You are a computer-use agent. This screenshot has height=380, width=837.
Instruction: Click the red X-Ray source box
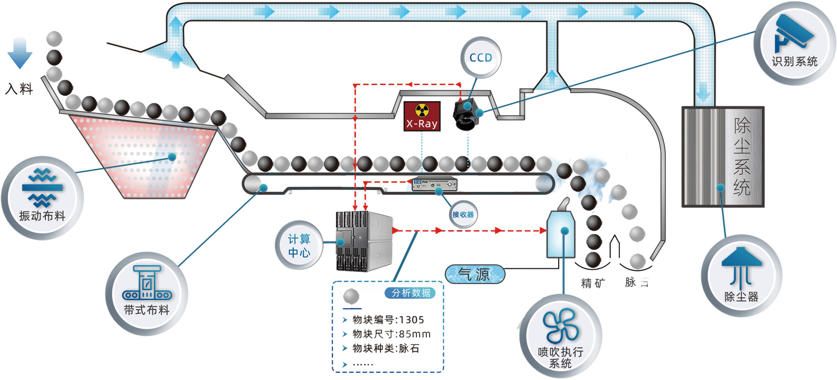(x=422, y=116)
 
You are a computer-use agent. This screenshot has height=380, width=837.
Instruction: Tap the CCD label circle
(x=481, y=58)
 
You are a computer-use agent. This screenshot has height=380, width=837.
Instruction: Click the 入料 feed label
(x=19, y=89)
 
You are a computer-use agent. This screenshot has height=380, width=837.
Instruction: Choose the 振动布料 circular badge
(x=42, y=198)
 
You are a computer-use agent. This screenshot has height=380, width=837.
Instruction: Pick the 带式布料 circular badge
(x=146, y=293)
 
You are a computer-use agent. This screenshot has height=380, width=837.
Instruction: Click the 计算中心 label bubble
(x=299, y=245)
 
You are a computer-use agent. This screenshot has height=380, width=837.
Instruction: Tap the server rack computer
(x=364, y=241)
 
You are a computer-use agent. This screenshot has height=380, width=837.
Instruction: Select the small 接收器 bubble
(x=463, y=215)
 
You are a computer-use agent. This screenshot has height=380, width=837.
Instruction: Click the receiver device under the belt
(x=434, y=184)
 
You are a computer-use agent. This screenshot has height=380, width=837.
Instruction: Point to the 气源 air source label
(x=475, y=274)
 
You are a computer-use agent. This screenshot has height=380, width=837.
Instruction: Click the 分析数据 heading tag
(x=410, y=293)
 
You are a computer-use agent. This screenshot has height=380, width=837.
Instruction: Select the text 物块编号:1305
(x=388, y=320)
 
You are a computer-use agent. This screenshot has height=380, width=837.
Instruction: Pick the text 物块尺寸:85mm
(x=391, y=334)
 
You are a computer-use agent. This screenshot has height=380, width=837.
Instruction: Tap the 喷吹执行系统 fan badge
(x=561, y=336)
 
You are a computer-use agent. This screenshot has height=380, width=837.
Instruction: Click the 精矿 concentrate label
(x=593, y=284)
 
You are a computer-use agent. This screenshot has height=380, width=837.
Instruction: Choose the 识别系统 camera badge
(x=794, y=43)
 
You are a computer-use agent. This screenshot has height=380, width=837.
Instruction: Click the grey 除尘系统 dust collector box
(x=722, y=157)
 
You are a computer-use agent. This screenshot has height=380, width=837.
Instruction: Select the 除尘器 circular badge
(x=741, y=275)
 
